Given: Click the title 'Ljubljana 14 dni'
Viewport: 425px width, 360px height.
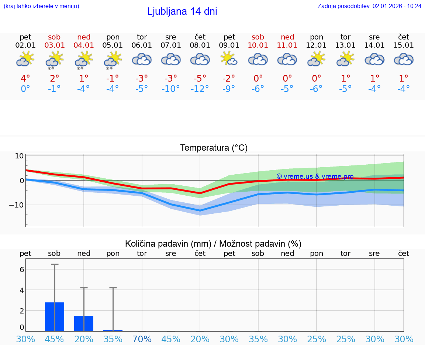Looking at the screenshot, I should click(182, 11).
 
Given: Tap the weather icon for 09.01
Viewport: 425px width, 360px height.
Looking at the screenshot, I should click(229, 59).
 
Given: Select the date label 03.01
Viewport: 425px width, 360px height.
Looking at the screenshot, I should click(55, 45).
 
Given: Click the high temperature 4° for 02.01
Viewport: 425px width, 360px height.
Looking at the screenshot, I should click(25, 78).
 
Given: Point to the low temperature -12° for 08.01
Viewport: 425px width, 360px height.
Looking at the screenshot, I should click(200, 89).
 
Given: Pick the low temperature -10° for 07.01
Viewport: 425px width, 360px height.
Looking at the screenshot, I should click(170, 89).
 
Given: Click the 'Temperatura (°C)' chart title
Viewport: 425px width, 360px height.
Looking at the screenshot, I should click(214, 148).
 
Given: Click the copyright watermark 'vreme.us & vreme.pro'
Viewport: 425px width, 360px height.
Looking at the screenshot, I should click(315, 176).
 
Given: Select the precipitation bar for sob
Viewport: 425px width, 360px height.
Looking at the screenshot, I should click(55, 316).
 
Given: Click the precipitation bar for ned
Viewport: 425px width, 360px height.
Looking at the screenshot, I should click(84, 323).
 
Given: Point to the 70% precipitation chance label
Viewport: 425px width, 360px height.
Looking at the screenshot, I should click(142, 339).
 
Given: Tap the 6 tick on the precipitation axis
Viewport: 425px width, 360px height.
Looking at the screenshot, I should click(22, 270).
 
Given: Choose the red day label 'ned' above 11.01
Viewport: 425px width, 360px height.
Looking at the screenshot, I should click(287, 37).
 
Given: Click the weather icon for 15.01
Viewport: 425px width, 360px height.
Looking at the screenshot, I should click(404, 59).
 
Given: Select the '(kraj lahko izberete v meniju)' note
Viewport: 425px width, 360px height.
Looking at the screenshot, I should click(41, 6).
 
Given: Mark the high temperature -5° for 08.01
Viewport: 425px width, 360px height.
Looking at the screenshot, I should click(200, 78).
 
